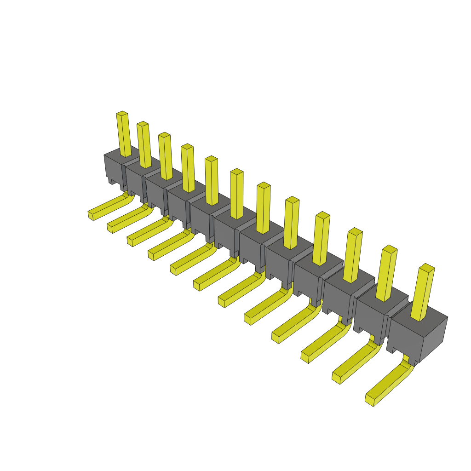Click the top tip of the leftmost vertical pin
(122, 113)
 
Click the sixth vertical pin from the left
(236, 193)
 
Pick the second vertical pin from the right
(386, 274)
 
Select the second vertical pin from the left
(144, 145)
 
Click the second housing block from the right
(370, 317)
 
